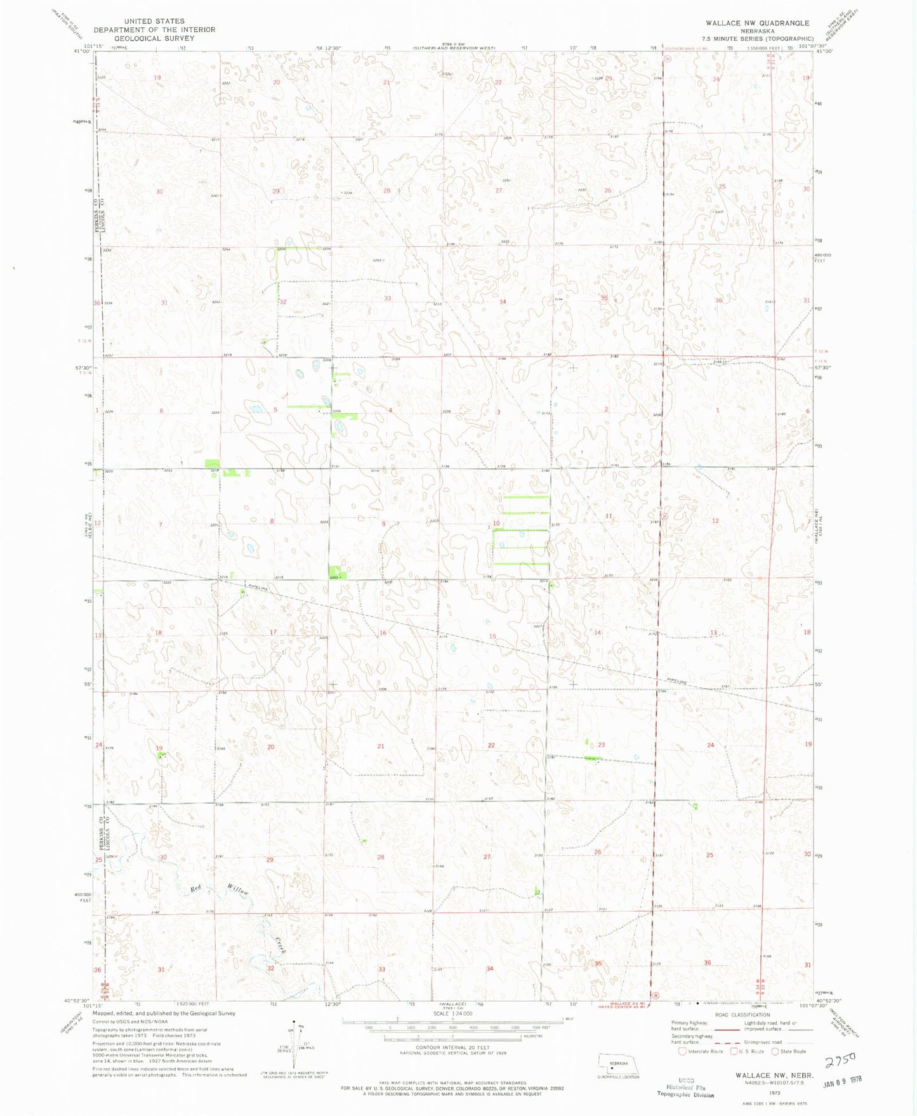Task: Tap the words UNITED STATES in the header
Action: coord(155,21)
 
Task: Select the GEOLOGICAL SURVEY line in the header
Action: coord(155,38)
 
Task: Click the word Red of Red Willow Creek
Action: coord(197,890)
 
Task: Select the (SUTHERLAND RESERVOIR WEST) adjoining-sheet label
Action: coord(453,48)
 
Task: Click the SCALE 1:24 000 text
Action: coord(452,1013)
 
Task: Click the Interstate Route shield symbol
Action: coord(682,1051)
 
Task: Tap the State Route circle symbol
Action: coord(775,1051)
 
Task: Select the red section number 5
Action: coord(275,410)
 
